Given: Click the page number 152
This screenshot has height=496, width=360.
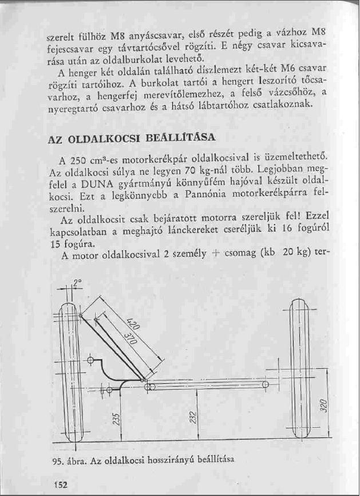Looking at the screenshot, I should tap(59, 485).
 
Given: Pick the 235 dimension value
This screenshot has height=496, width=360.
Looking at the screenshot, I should tap(115, 419).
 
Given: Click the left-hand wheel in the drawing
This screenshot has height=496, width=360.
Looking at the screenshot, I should tap(68, 372).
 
